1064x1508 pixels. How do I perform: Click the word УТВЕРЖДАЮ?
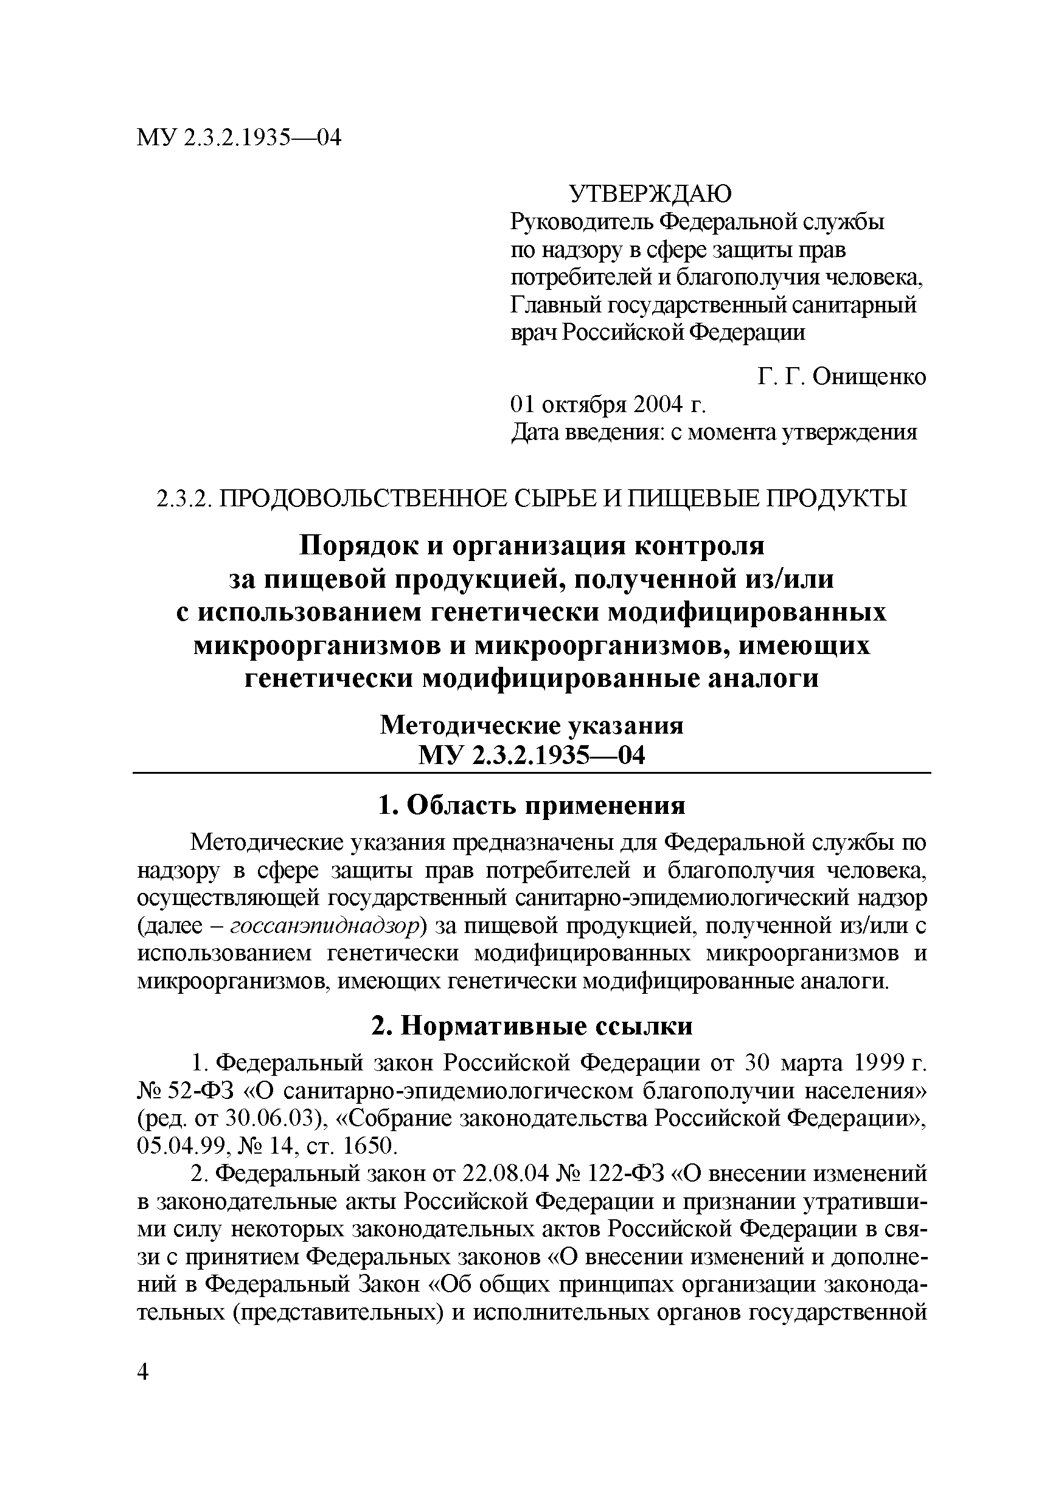pyautogui.click(x=649, y=195)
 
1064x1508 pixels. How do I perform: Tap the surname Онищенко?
pyautogui.click(x=869, y=377)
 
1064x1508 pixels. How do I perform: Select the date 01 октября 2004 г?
pyautogui.click(x=608, y=405)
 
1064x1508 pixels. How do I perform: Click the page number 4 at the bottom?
pyautogui.click(x=144, y=1371)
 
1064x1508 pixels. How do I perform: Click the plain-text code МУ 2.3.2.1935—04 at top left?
pyautogui.click(x=239, y=139)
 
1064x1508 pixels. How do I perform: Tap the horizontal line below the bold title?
pyautogui.click(x=532, y=773)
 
